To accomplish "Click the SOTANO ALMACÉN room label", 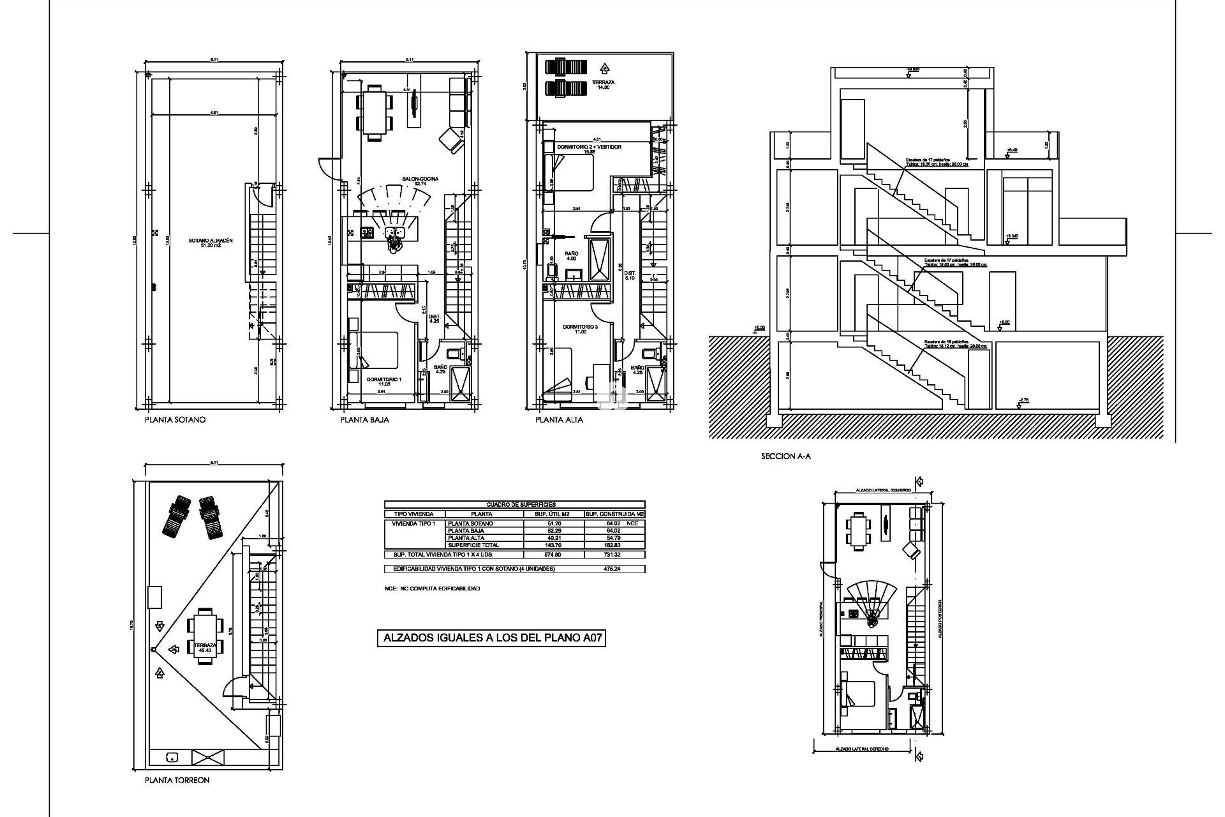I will coord(210,241).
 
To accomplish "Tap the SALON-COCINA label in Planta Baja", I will coord(420,179).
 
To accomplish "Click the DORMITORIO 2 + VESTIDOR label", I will coord(589,147).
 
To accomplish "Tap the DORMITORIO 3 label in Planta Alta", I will coord(580,327).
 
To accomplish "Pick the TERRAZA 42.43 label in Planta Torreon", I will coord(205,646).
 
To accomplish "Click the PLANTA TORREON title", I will coord(177,780).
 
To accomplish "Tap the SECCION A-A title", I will coord(785,456).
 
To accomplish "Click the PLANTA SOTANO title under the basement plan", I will coord(175,420).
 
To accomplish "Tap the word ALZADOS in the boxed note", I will coord(409,637).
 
